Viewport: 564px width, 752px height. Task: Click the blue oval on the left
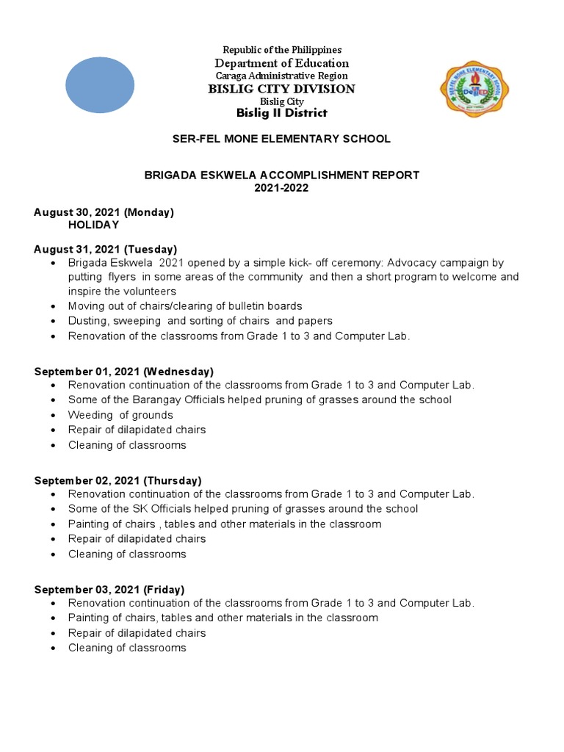100,85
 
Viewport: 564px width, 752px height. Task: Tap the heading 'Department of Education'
281,63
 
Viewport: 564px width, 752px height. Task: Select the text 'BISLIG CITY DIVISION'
281,89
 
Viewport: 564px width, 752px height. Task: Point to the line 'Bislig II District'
281,113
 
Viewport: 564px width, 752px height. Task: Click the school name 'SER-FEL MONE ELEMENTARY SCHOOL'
281,139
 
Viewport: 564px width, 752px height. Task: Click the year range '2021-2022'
281,188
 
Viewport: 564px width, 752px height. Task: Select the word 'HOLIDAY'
93,225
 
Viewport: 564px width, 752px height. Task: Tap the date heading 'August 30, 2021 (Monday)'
104,212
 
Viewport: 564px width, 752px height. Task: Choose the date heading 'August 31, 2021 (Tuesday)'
106,250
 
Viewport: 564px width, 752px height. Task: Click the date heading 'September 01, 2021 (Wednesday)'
124,372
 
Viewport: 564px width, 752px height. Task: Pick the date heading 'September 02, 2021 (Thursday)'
117,480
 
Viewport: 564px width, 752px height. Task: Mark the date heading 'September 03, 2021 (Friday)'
109,590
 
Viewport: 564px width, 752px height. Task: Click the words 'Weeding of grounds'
120,415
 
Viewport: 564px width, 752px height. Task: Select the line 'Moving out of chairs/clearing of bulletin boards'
185,305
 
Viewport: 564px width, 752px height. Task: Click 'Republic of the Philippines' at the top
283,50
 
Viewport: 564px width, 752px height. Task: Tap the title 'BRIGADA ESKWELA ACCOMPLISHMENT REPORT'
281,175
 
